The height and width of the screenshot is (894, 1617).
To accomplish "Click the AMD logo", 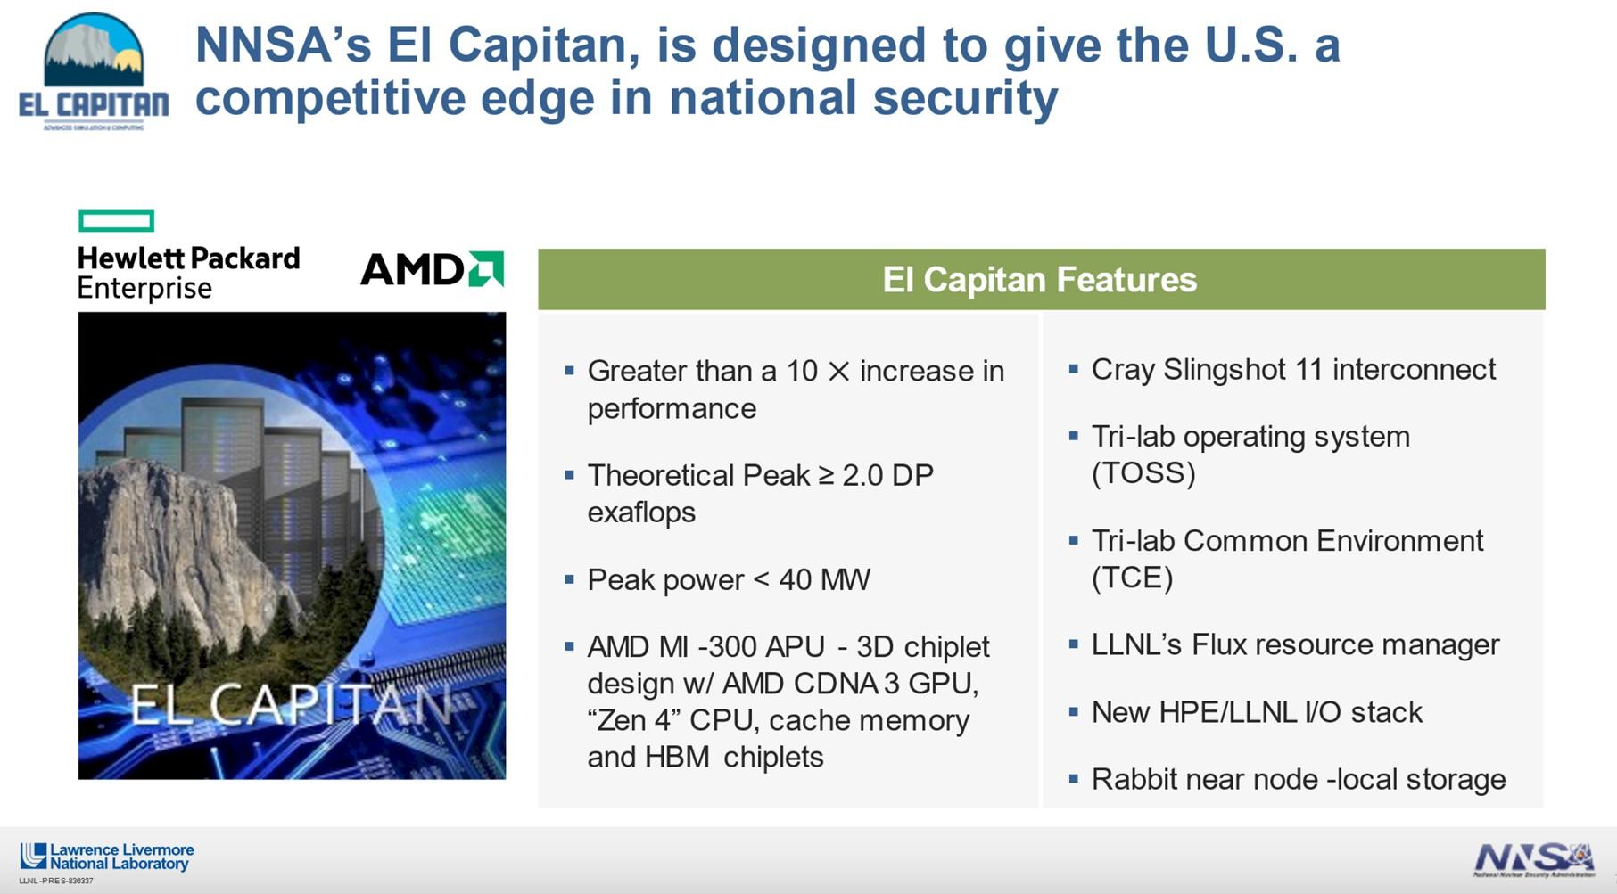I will point(432,269).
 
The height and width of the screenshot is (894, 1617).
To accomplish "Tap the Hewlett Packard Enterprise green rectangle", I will point(116,221).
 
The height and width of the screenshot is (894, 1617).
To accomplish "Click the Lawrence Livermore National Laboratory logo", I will point(107,857).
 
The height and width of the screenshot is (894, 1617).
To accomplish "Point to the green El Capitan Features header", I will point(1040,280).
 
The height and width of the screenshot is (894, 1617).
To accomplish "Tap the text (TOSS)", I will point(1143,472).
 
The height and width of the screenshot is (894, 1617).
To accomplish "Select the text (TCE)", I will point(1132,578).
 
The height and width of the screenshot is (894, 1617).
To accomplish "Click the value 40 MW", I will point(824,580).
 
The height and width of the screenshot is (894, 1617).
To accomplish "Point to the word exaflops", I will point(641,513).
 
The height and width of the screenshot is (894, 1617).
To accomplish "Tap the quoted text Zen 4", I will point(634,720).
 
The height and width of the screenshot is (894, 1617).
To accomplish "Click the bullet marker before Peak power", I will point(569,579).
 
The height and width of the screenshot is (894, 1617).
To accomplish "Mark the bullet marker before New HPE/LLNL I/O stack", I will point(1073,711).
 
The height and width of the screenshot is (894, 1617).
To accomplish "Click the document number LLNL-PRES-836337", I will point(56,881).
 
